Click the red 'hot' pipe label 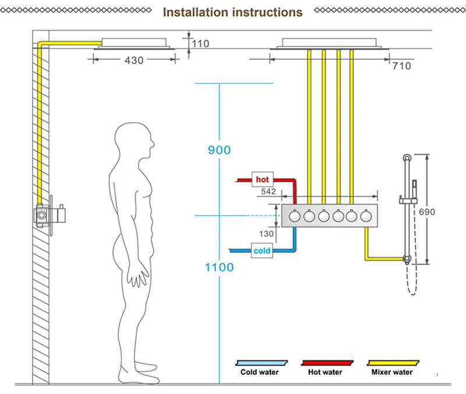click(x=263, y=179)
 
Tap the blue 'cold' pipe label click(x=262, y=251)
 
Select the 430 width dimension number click(x=134, y=61)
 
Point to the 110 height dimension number click(x=200, y=44)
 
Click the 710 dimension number click(x=402, y=66)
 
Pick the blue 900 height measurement click(x=220, y=150)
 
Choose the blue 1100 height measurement click(x=220, y=267)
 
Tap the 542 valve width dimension click(x=269, y=191)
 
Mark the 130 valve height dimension click(x=266, y=234)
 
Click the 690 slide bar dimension click(x=427, y=212)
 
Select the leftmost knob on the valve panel click(x=295, y=216)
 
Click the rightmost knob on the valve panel click(x=366, y=216)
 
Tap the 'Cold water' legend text click(x=259, y=372)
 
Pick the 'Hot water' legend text click(x=325, y=372)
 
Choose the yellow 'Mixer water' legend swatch click(x=393, y=363)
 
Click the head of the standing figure click(x=135, y=140)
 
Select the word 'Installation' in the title click(x=196, y=12)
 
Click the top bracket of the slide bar click(x=407, y=158)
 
